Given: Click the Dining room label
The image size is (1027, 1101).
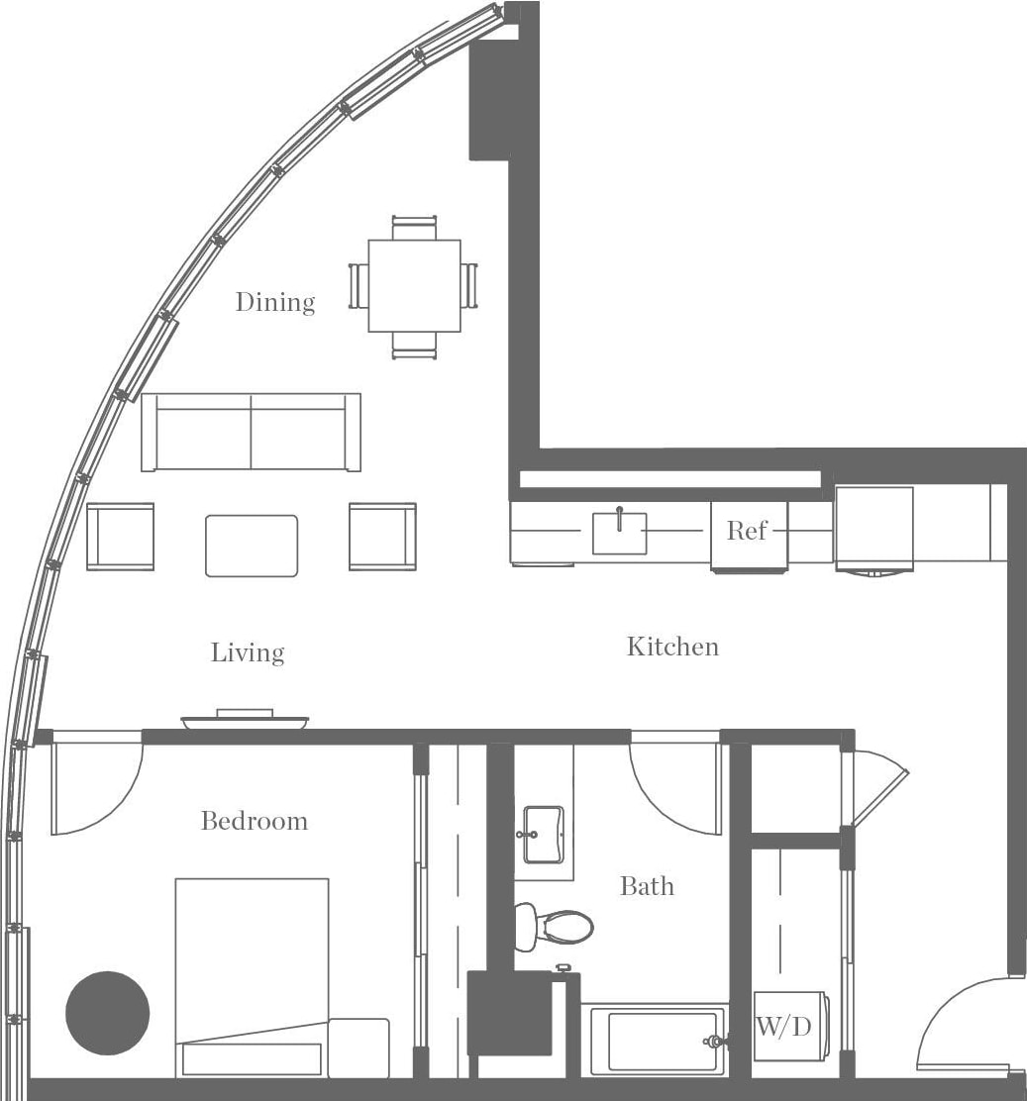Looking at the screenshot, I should [x=274, y=301].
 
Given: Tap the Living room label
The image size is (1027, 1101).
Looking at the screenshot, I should [x=248, y=652].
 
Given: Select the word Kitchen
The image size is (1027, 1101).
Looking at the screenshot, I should [x=672, y=647].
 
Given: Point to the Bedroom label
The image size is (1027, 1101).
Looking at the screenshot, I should [x=254, y=821].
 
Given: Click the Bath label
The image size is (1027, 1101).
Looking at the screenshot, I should [x=647, y=885].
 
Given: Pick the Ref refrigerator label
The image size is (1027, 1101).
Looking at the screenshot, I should [x=747, y=531].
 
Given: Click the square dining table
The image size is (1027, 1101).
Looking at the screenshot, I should [x=414, y=285].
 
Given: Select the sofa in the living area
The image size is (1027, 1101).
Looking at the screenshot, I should [x=251, y=432].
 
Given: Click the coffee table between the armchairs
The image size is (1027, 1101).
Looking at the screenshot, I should [x=252, y=546].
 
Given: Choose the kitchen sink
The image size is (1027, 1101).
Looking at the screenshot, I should [x=619, y=533].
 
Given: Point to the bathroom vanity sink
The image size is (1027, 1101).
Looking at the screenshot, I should [x=544, y=834].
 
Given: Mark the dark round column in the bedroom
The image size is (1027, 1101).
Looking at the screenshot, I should [x=107, y=1013].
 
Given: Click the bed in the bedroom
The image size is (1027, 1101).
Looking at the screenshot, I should [x=252, y=975].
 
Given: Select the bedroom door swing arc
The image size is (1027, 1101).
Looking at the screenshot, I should [x=94, y=787].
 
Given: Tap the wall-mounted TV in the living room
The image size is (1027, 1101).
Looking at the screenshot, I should [x=245, y=720].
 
